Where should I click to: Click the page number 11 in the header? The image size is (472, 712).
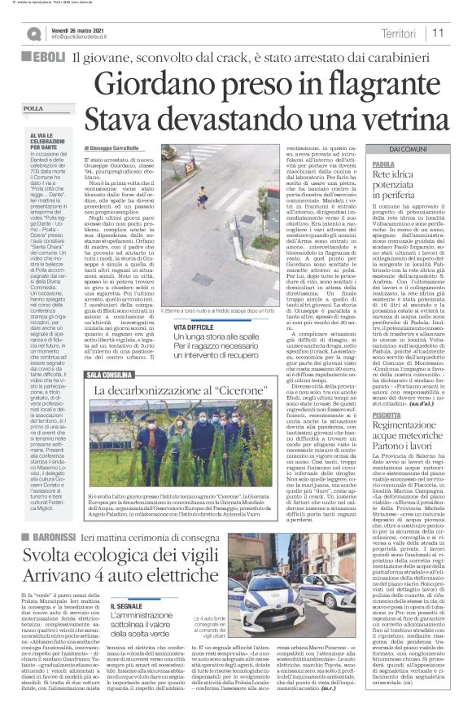[438, 33]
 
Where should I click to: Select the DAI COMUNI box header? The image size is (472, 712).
[407, 151]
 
